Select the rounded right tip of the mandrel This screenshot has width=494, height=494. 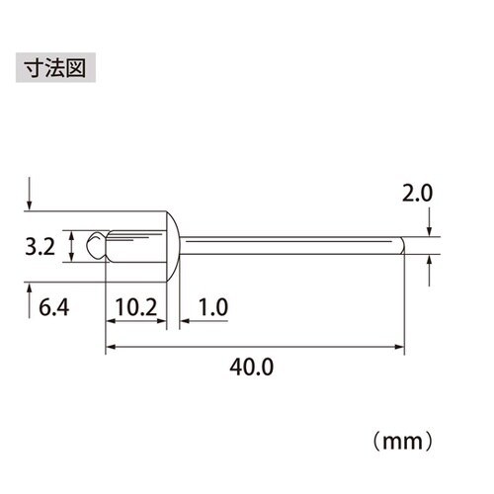point(402,246)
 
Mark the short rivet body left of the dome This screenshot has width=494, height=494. point(133,246)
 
